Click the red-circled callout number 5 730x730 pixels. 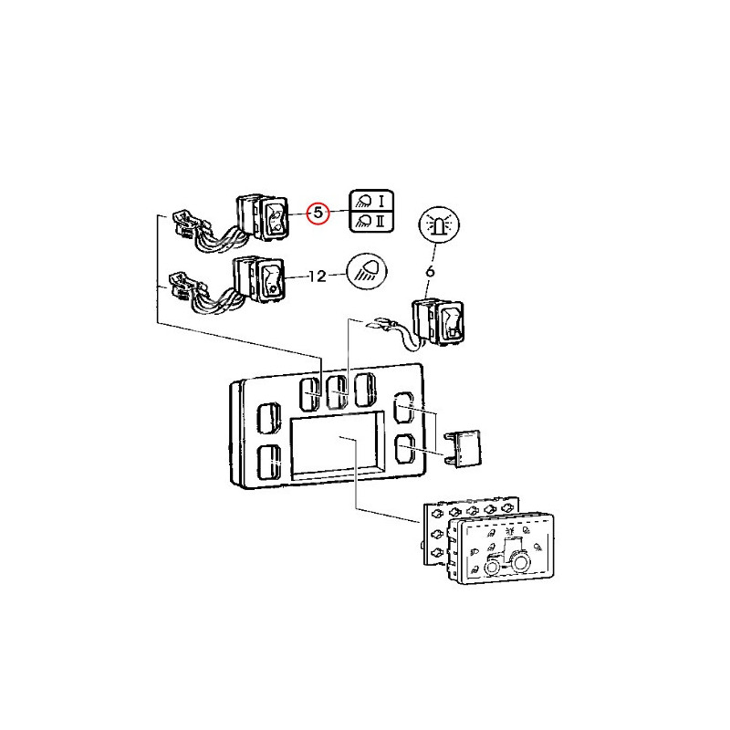point(318,213)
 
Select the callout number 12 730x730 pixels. point(317,275)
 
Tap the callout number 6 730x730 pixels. point(430,270)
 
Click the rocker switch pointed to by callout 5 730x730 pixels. point(275,219)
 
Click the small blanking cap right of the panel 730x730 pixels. point(466,447)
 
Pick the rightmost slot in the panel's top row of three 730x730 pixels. point(365,390)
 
